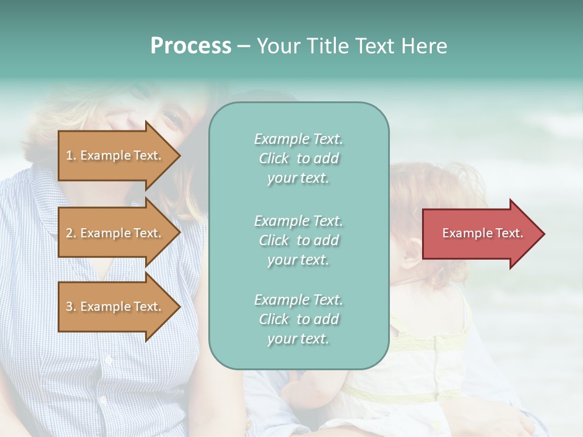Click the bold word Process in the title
[x=191, y=46]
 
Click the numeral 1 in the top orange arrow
[x=69, y=155]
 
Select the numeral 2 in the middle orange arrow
[x=69, y=233]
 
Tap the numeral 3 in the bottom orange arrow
[x=69, y=307]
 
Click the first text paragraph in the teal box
[x=298, y=158]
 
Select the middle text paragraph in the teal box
[x=298, y=240]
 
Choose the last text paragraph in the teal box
[x=298, y=319]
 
